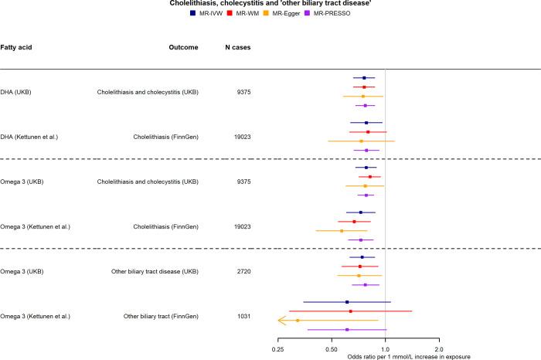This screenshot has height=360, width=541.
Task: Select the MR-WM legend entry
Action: [x=257, y=14]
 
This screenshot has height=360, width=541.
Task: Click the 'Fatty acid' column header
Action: [x=16, y=47]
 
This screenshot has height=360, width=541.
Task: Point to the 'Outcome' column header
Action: [x=183, y=47]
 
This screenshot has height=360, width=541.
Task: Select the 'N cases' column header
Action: [x=237, y=47]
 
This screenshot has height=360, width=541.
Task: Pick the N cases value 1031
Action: [x=243, y=316]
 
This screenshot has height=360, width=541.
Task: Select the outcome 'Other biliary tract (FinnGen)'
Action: [x=161, y=316]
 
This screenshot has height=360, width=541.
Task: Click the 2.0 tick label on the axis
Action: [x=438, y=349]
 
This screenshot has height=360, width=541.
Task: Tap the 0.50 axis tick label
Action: [x=332, y=349]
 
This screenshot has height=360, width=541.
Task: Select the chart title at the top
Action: [x=270, y=4]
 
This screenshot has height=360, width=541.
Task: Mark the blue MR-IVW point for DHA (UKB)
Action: [x=364, y=78]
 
